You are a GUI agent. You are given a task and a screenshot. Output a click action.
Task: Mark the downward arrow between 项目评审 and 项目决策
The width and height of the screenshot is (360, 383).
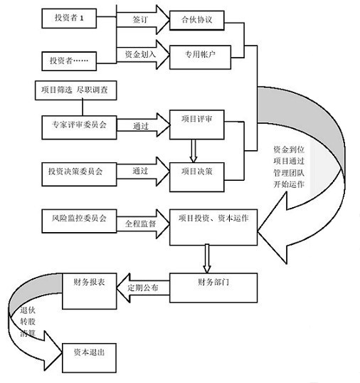192,149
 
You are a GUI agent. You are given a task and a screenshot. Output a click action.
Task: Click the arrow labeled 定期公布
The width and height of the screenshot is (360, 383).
143,286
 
